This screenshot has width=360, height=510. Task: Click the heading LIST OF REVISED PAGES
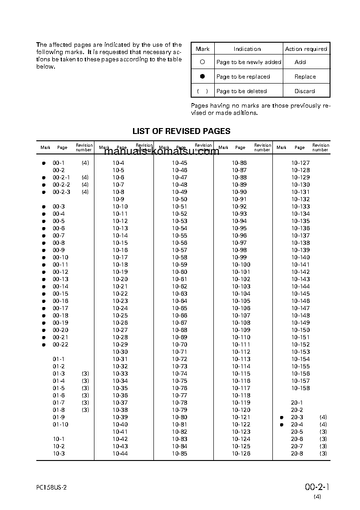coord(181,131)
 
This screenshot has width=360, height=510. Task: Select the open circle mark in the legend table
coord(202,62)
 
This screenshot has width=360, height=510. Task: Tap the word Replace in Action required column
coord(305,77)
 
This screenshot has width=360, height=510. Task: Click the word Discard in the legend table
coord(305,91)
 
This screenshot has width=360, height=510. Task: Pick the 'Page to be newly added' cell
coord(249,62)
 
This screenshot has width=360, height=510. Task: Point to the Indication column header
coord(247,49)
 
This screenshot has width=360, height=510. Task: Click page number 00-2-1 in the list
coord(61,178)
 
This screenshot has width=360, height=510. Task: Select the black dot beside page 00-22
coord(44,345)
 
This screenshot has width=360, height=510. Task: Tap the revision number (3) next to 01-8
coord(85,410)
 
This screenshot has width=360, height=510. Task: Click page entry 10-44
coord(120,454)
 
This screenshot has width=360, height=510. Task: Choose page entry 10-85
coord(179,454)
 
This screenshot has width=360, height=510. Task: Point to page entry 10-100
coord(241,265)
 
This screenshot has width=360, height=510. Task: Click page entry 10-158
coord(301,388)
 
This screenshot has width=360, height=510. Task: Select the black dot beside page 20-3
coord(281,417)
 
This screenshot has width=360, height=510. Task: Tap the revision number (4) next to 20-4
coord(323,425)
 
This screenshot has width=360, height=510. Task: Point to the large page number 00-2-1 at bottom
coord(317,487)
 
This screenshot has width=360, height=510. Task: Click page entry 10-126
coord(241,454)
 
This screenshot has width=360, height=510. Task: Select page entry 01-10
coord(60,425)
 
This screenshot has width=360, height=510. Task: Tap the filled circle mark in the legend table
coord(202,77)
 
